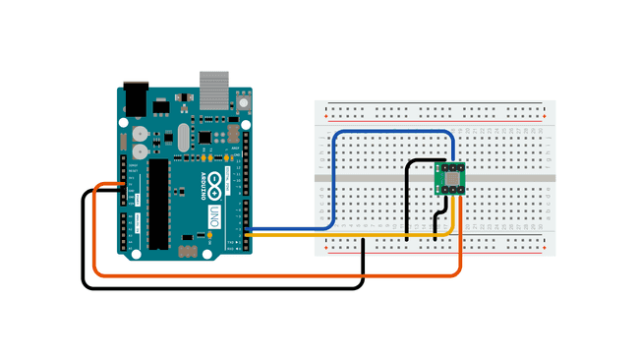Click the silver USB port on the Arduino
coord(215,89)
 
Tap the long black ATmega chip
coord(158,203)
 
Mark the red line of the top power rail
coord(433,101)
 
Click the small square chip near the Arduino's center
coord(204,138)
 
